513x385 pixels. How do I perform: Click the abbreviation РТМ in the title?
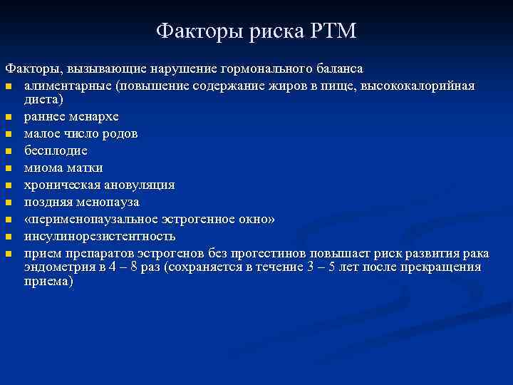[333, 31]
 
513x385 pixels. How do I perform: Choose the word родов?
[120, 133]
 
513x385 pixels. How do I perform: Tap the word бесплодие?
[56, 150]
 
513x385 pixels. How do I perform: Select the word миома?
[43, 168]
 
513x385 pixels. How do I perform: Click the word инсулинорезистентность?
[99, 236]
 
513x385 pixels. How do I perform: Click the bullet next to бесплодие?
[9, 151]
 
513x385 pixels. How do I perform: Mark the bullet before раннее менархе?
[9, 117]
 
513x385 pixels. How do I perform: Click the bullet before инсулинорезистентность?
[9, 237]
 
